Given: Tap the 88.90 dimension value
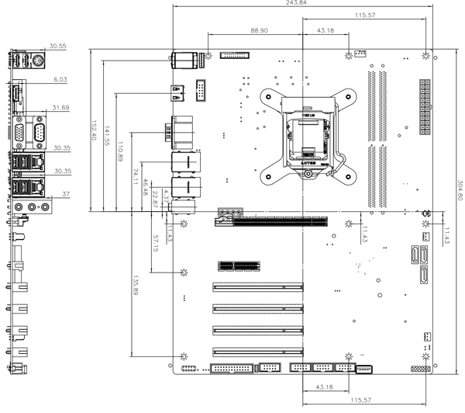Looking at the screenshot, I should (x=260, y=30).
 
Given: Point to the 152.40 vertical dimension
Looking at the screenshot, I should (x=94, y=130).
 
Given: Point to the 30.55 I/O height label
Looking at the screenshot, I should (x=57, y=47).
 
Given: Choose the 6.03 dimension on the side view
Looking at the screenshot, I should (x=60, y=80).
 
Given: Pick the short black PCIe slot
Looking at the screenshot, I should (x=238, y=265).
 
